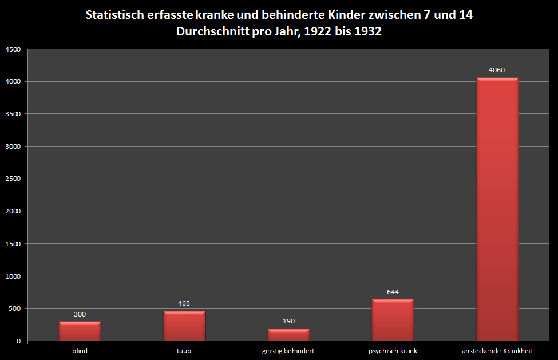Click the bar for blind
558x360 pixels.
point(80,331)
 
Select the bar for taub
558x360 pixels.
point(184,326)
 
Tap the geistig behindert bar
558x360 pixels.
point(288,335)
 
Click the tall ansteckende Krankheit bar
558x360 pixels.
point(497,209)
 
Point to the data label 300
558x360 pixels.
point(80,314)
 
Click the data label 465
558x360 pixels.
point(184,303)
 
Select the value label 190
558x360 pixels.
point(288,321)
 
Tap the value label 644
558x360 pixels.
point(393,292)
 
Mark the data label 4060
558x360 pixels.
point(497,70)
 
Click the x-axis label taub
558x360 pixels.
point(184,351)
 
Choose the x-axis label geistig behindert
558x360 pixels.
point(288,351)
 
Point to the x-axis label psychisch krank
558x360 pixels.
point(393,351)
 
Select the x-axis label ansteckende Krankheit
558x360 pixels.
point(497,351)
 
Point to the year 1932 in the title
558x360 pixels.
point(367,32)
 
